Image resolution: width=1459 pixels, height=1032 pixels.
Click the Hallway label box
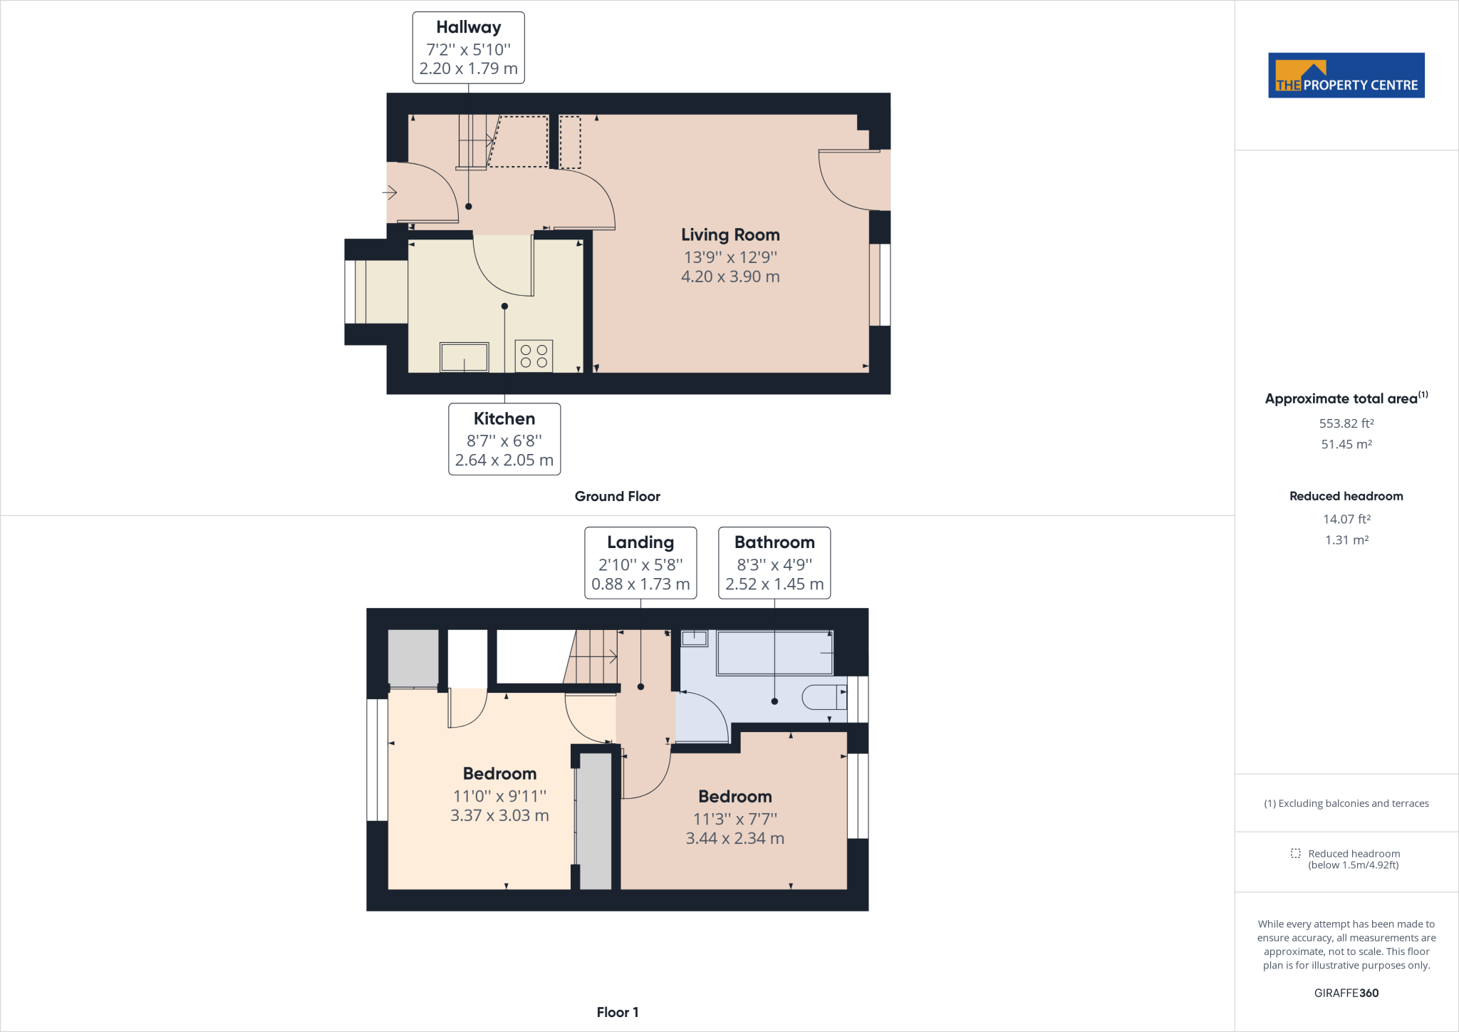click(468, 48)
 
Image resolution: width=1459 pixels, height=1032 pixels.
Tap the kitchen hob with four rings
click(534, 356)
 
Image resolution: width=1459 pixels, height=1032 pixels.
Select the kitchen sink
click(464, 357)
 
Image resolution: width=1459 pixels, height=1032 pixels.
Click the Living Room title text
click(730, 234)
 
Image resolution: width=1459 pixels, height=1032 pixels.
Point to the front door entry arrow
click(390, 192)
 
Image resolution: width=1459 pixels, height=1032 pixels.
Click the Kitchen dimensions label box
click(504, 439)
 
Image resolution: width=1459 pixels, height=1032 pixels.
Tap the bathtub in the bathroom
click(774, 653)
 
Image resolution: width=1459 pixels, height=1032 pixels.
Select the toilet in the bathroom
click(824, 696)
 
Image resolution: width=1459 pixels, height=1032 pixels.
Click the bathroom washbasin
click(694, 639)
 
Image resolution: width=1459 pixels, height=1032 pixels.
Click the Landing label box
click(640, 563)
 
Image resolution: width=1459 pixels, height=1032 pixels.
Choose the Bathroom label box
click(774, 563)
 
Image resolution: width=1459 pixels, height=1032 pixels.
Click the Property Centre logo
click(1346, 75)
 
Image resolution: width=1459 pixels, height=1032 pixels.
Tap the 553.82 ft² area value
click(1346, 423)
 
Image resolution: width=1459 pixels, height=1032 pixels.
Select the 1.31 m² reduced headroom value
click(1346, 540)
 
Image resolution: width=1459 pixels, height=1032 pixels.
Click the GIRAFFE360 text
click(1346, 993)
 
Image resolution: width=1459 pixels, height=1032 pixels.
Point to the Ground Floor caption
click(617, 496)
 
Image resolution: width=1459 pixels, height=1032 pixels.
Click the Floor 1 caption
click(617, 1012)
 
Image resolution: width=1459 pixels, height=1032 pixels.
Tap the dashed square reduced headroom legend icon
click(1295, 853)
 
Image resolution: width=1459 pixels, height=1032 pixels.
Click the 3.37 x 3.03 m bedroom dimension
click(499, 815)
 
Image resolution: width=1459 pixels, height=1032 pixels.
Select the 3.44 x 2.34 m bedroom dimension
click(734, 838)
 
